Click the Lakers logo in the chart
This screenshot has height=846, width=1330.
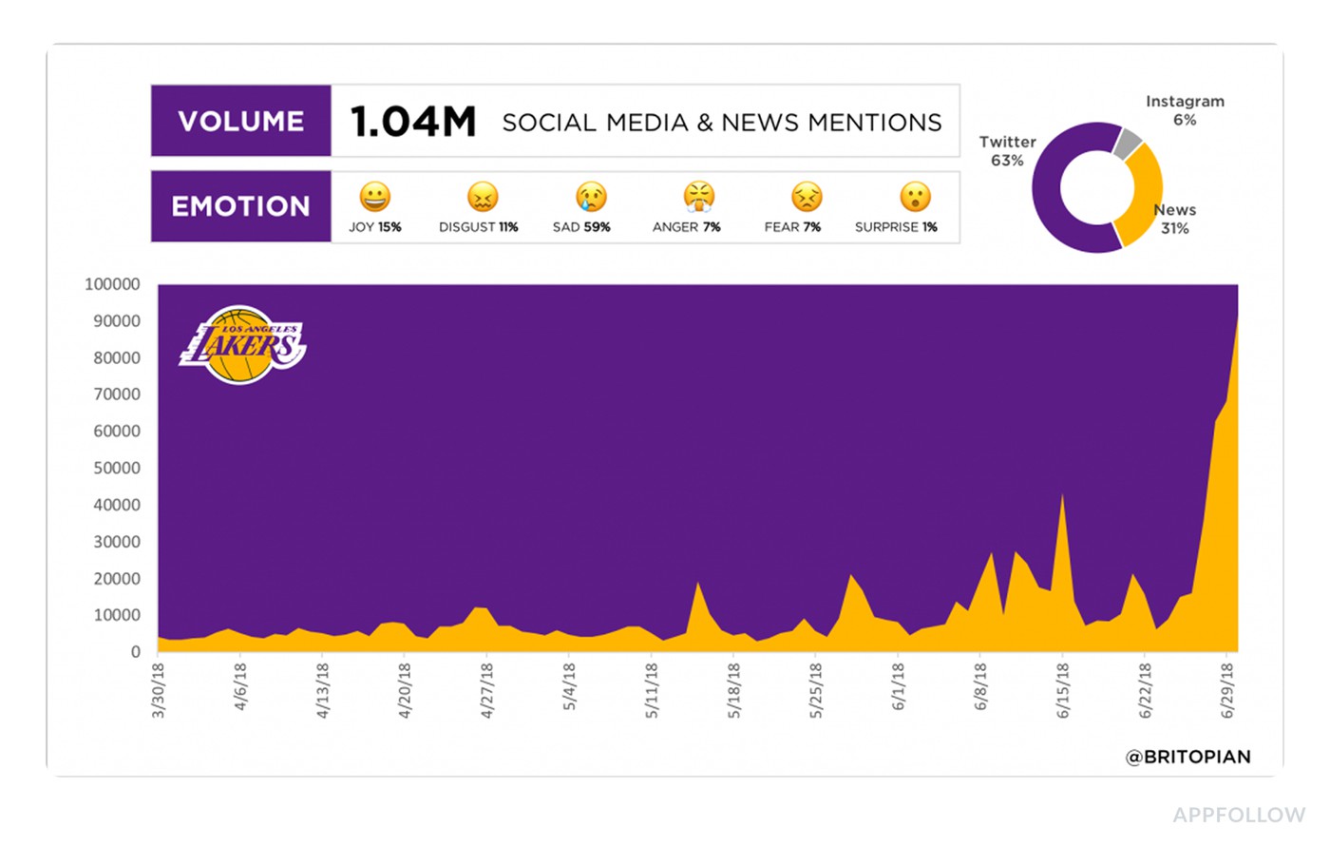[243, 345]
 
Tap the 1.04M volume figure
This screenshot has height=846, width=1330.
[412, 122]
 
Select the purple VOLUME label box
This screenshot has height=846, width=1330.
[241, 121]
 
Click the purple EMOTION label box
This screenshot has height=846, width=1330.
[241, 206]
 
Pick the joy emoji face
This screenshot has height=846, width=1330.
[374, 197]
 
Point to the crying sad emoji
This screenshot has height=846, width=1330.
[590, 197]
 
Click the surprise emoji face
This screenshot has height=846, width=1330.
[915, 197]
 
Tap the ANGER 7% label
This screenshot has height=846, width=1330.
[686, 227]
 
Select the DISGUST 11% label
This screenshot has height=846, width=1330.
[478, 227]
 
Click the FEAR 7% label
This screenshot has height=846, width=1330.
[792, 227]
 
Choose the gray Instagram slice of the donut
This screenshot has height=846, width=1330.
[1128, 144]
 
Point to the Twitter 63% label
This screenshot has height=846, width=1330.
[1007, 151]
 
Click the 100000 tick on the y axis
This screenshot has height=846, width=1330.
[112, 284]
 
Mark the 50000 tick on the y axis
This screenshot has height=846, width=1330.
[116, 468]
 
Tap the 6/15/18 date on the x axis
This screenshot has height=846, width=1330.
[1063, 690]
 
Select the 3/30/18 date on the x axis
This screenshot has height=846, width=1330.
[158, 690]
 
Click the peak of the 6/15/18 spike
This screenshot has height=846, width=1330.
[1062, 495]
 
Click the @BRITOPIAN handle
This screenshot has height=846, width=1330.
[1187, 757]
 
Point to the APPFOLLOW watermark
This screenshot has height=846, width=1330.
[1238, 815]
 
